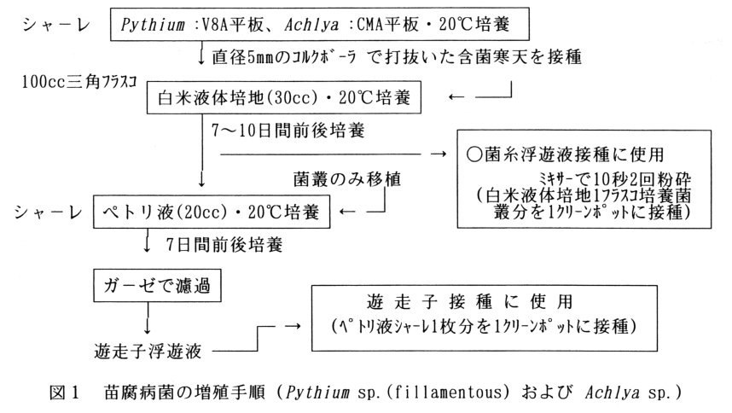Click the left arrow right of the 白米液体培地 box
pos(456,100)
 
